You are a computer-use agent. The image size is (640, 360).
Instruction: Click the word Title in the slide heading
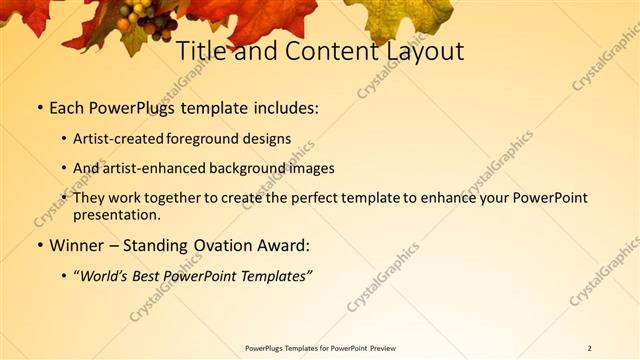[x=203, y=51]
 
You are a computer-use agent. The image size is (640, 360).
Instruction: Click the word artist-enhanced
[x=158, y=168]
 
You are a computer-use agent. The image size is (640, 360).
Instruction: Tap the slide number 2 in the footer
[x=590, y=348]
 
